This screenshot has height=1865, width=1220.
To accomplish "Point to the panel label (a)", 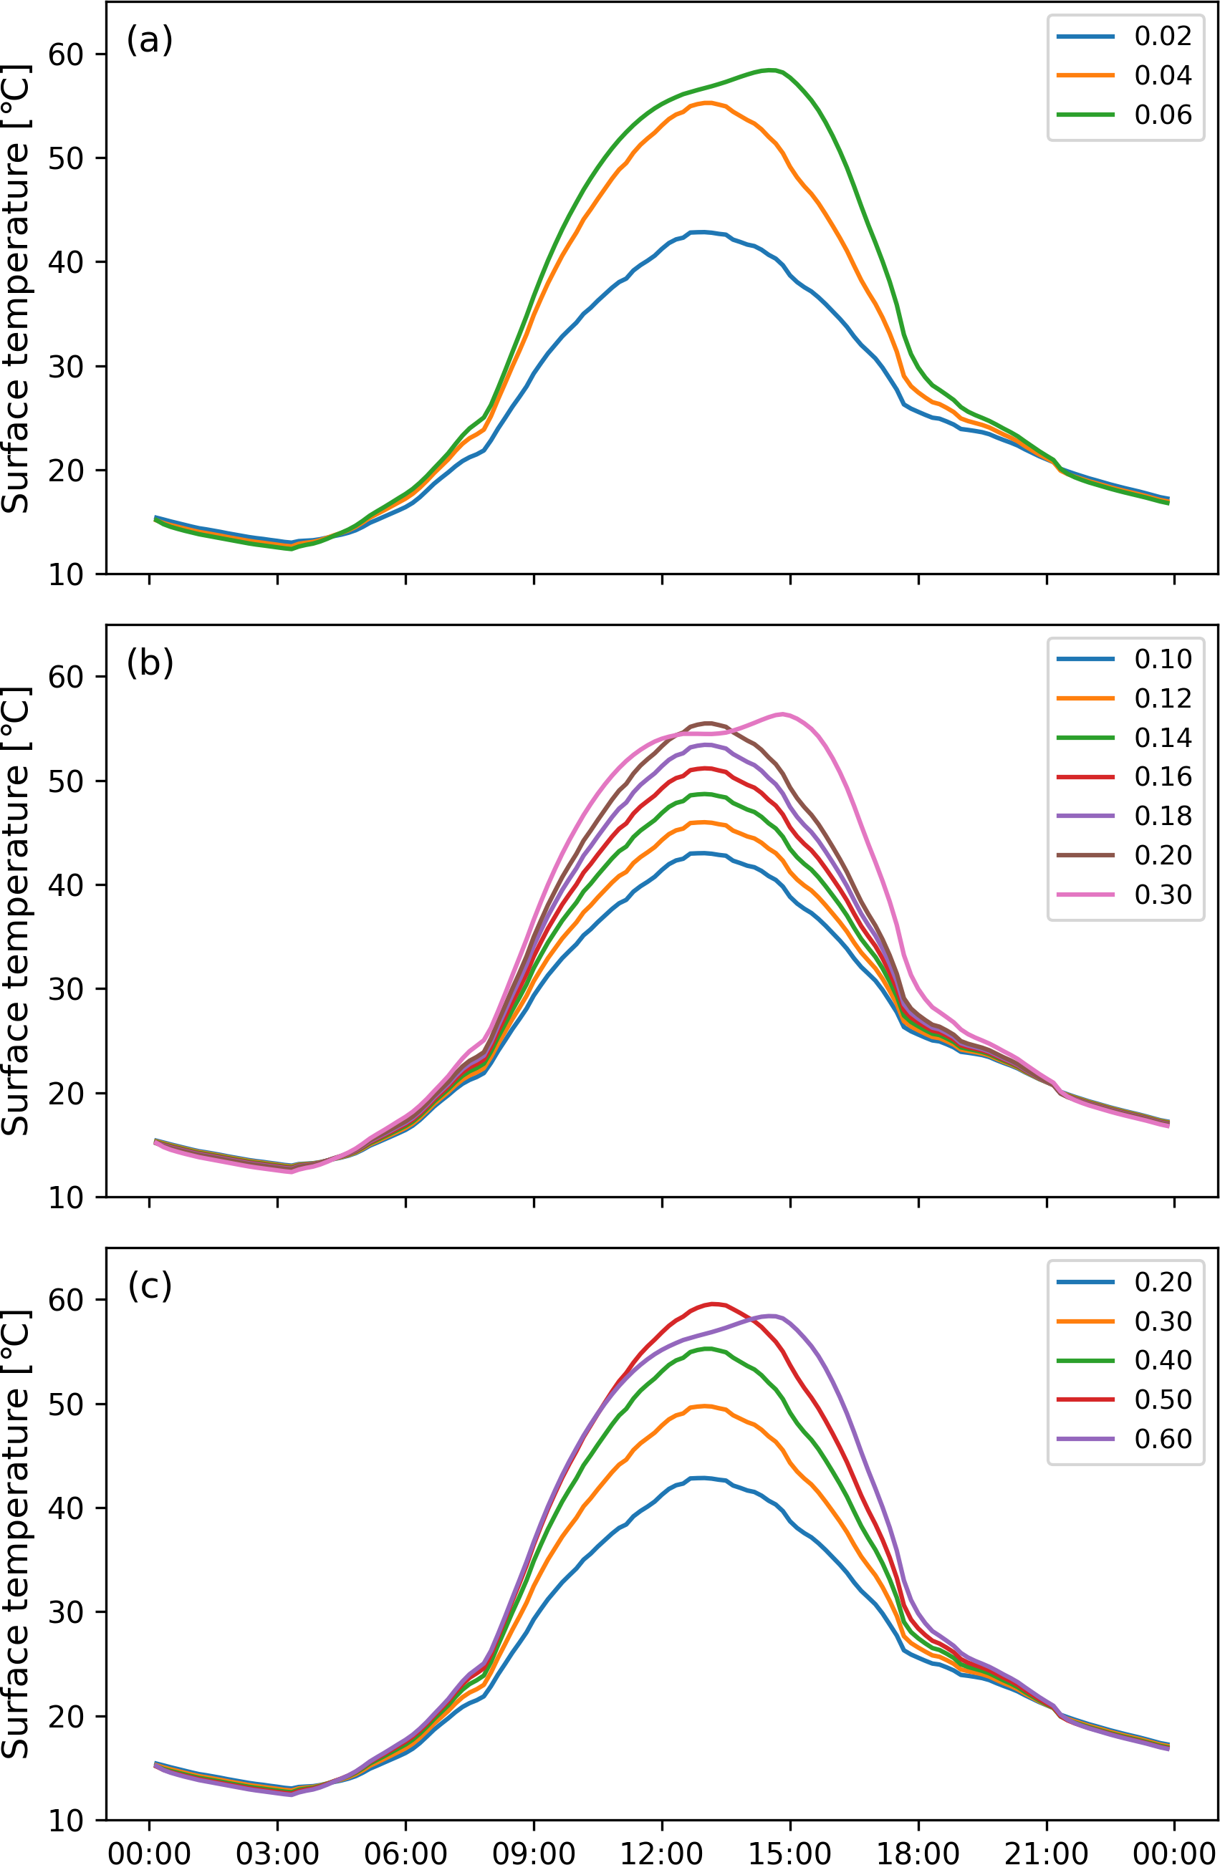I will click(x=150, y=39).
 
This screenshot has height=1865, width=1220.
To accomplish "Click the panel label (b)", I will click(x=150, y=663).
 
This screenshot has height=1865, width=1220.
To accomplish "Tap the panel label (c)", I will click(x=150, y=1286).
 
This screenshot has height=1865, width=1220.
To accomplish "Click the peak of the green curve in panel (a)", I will click(x=772, y=70).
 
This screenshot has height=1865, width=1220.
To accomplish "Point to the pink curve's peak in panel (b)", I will click(x=783, y=714).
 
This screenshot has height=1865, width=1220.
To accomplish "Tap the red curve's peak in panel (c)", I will click(x=713, y=1304).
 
